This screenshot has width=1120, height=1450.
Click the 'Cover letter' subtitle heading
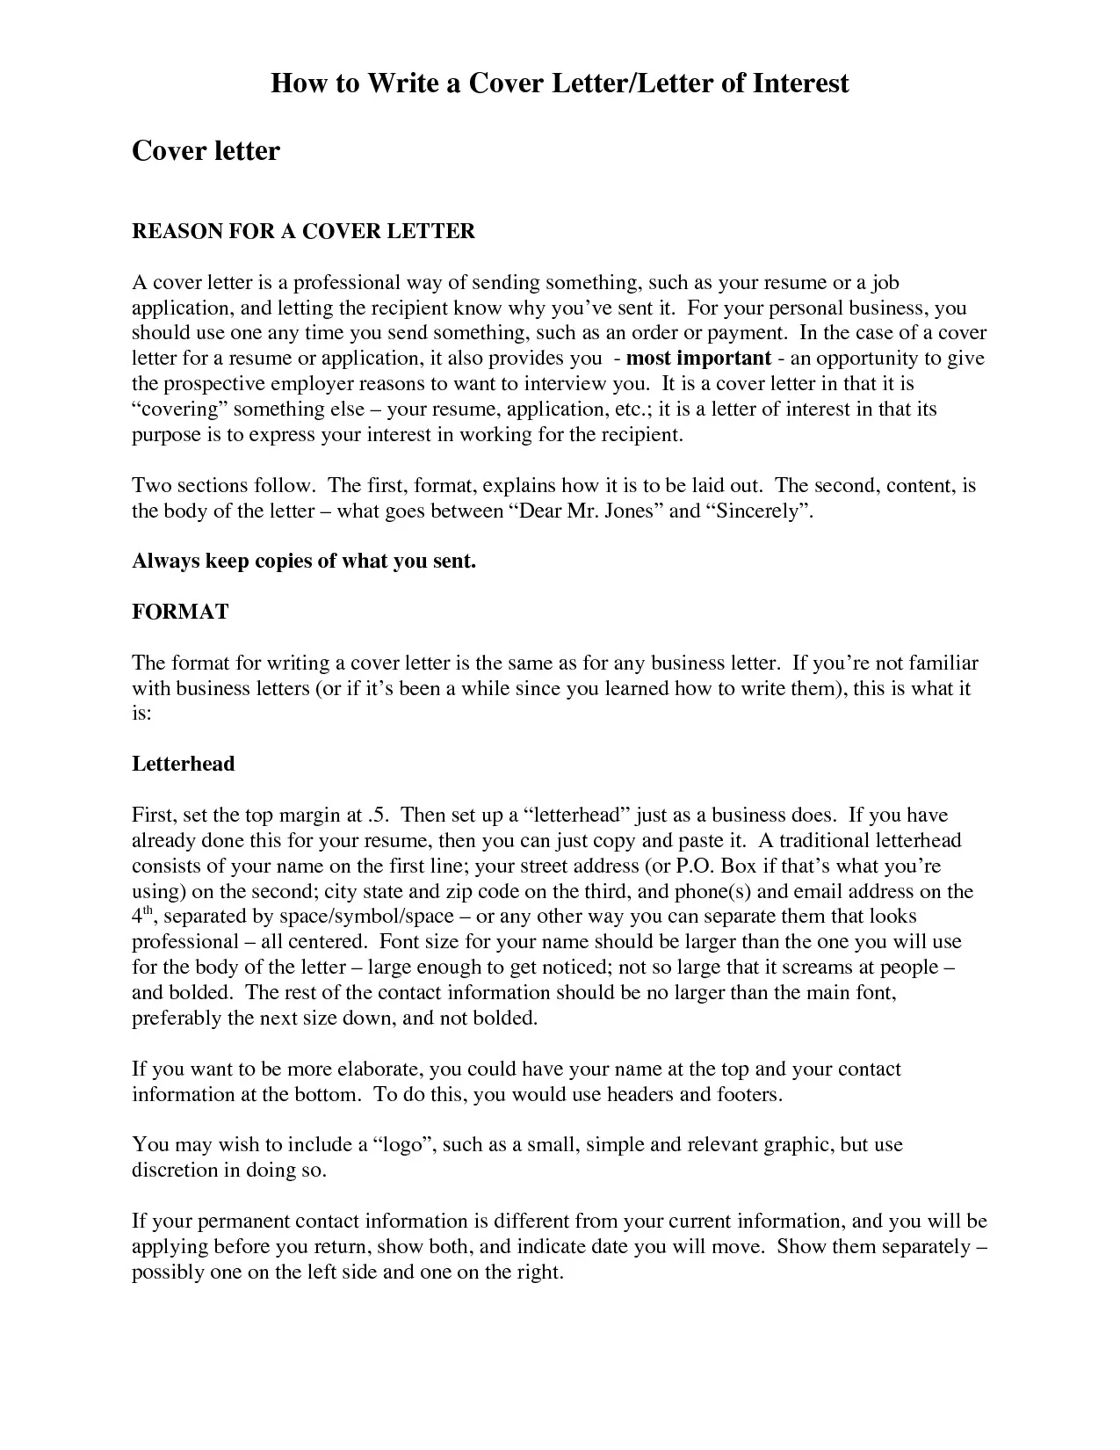[x=206, y=151]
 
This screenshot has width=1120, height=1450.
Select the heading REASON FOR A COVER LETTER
[x=303, y=231]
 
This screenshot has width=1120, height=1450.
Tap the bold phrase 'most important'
[x=698, y=359]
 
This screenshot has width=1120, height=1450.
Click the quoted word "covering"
[x=180, y=410]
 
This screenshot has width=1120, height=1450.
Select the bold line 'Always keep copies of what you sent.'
[x=303, y=562]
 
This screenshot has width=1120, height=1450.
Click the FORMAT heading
[x=180, y=613]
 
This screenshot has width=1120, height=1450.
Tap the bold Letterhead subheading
[x=184, y=764]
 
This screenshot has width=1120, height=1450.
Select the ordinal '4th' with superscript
[x=143, y=916]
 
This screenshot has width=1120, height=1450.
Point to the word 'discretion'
[x=175, y=1171]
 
